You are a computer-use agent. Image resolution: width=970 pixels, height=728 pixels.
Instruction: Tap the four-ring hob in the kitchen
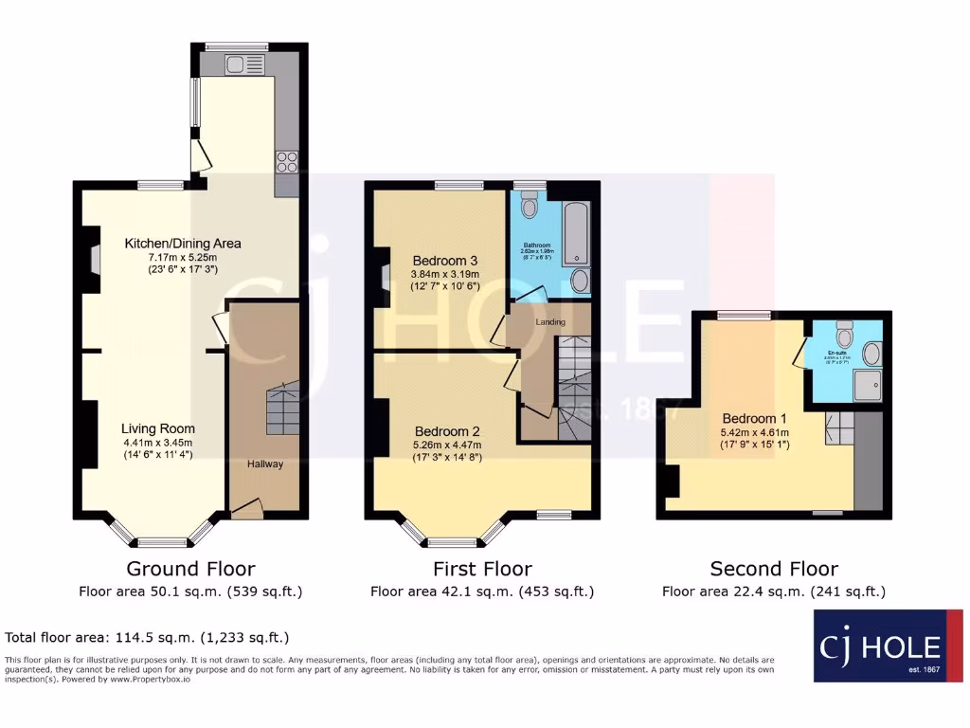(x=288, y=162)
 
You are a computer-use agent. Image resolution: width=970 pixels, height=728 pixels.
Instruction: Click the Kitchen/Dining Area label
(x=183, y=244)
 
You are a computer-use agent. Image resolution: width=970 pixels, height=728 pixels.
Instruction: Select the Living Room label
(x=157, y=428)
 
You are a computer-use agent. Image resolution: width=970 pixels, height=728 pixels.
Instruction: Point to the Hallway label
(x=265, y=464)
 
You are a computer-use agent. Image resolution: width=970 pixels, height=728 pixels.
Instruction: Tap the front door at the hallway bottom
(x=246, y=510)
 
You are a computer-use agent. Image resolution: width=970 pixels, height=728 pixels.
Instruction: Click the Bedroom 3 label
(x=444, y=261)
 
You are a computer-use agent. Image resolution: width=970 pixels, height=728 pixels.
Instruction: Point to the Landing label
(x=550, y=322)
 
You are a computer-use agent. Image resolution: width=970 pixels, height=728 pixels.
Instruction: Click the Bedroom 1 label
(x=754, y=418)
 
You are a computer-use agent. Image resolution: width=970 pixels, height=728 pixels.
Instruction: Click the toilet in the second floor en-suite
(x=845, y=332)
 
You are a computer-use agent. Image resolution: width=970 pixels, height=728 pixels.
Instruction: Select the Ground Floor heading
(x=190, y=569)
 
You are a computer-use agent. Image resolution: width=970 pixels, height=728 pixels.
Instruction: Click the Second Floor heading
(x=774, y=569)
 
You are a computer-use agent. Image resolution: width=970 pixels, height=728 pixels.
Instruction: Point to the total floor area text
(x=147, y=637)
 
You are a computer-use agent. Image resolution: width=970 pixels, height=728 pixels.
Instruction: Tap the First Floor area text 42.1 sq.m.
(x=481, y=591)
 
